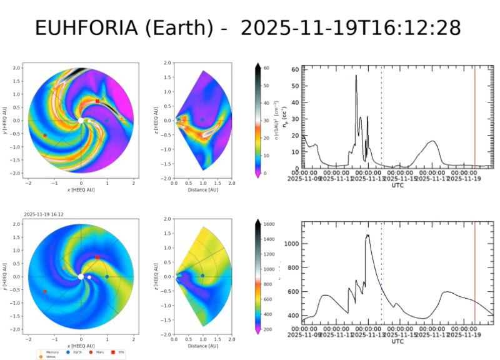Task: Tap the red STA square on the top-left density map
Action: [97, 101]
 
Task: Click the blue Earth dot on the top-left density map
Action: [107, 120]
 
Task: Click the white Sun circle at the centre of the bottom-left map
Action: [81, 276]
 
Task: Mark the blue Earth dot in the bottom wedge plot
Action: [202, 275]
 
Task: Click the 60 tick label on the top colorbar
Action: [266, 67]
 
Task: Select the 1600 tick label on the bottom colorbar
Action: [269, 223]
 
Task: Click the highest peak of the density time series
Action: [356, 76]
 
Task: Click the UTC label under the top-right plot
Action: [397, 185]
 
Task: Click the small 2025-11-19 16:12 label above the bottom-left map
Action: [44, 214]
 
